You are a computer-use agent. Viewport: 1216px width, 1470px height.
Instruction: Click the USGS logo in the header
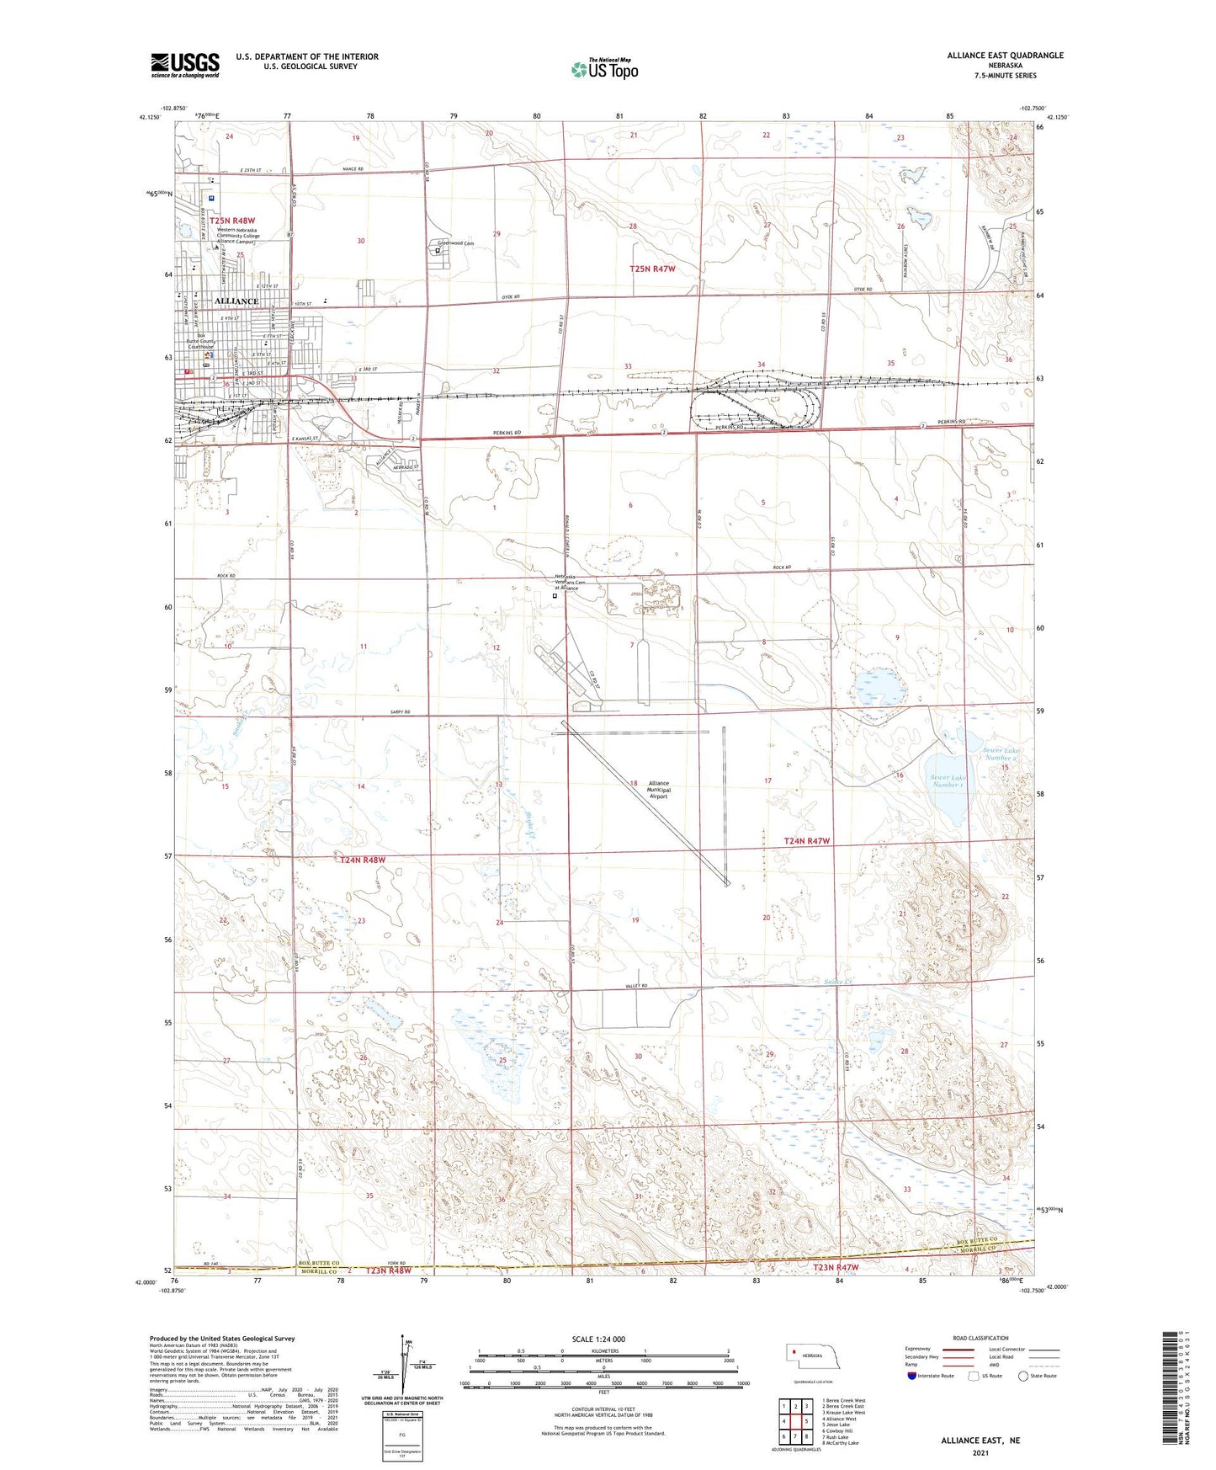point(185,65)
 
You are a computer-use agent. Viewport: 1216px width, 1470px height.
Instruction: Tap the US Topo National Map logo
point(604,68)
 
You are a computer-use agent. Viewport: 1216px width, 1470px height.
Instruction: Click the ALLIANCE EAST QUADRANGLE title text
point(1005,56)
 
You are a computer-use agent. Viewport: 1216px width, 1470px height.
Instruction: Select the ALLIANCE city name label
point(236,301)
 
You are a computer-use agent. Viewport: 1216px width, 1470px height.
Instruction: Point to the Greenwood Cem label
point(455,243)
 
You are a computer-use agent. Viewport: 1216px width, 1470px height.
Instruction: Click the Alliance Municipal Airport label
point(658,789)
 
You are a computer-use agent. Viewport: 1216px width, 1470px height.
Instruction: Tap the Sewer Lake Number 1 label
point(948,781)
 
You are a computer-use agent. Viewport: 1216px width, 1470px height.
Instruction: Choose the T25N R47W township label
point(652,269)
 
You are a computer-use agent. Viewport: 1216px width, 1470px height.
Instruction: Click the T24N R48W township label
point(363,860)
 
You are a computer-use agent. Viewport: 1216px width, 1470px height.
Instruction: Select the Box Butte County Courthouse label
point(201,340)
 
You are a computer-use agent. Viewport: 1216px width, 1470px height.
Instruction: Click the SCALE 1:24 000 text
point(598,1339)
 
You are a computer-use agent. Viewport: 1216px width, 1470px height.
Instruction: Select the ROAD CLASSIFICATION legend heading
point(980,1338)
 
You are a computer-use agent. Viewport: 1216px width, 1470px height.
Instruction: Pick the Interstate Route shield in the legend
point(913,1376)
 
